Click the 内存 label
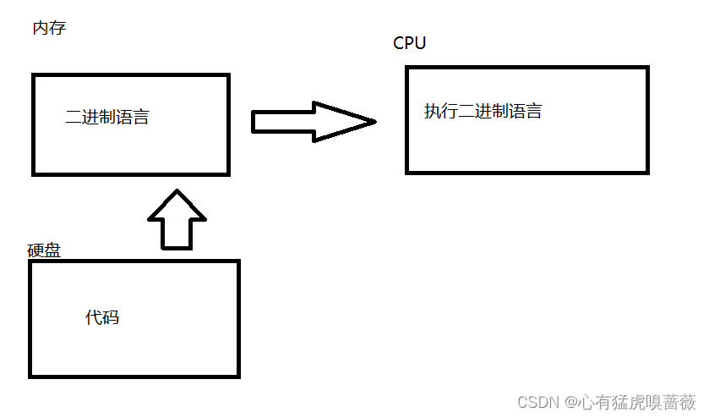(x=49, y=29)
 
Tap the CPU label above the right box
(x=410, y=43)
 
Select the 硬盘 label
(x=44, y=250)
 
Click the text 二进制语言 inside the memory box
(x=107, y=118)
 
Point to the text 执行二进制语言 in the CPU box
(x=483, y=111)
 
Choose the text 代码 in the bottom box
(x=102, y=317)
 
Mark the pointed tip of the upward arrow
(x=177, y=191)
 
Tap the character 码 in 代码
(x=111, y=317)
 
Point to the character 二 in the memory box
(x=74, y=118)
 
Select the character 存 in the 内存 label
(x=57, y=29)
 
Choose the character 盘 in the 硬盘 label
(x=52, y=250)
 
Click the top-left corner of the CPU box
(x=407, y=68)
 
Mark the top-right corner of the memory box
(x=228, y=75)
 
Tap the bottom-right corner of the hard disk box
(x=238, y=376)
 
